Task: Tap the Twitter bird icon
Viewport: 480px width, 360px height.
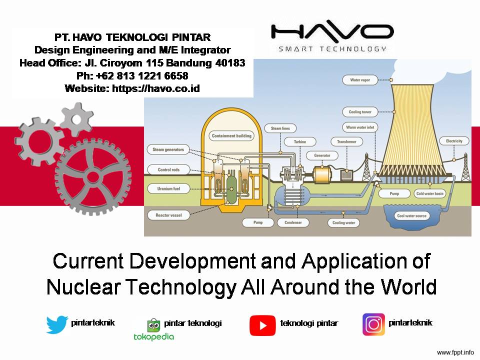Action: click(x=57, y=324)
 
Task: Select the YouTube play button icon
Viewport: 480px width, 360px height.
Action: click(x=262, y=325)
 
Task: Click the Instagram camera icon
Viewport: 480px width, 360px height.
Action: click(x=373, y=324)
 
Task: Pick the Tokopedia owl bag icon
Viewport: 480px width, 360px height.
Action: click(x=153, y=325)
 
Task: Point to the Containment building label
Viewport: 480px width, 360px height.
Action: click(x=231, y=135)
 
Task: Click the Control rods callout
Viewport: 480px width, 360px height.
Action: click(x=168, y=169)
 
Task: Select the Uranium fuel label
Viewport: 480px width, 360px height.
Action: click(x=168, y=188)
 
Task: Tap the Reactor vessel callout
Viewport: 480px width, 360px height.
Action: click(x=168, y=215)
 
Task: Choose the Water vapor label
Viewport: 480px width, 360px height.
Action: click(x=360, y=80)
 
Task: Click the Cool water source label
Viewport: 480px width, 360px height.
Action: click(x=411, y=216)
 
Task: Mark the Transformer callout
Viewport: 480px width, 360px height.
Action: click(x=347, y=141)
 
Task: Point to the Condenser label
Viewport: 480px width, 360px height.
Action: click(x=293, y=222)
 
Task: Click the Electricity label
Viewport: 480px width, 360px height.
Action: click(x=454, y=141)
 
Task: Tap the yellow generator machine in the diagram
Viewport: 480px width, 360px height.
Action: click(x=322, y=175)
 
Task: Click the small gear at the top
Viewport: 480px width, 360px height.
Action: click(x=77, y=119)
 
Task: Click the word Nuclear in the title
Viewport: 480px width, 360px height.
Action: click(x=83, y=287)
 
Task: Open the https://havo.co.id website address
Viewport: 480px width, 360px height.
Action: click(x=156, y=88)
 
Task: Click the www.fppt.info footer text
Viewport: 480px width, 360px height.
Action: click(x=455, y=352)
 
